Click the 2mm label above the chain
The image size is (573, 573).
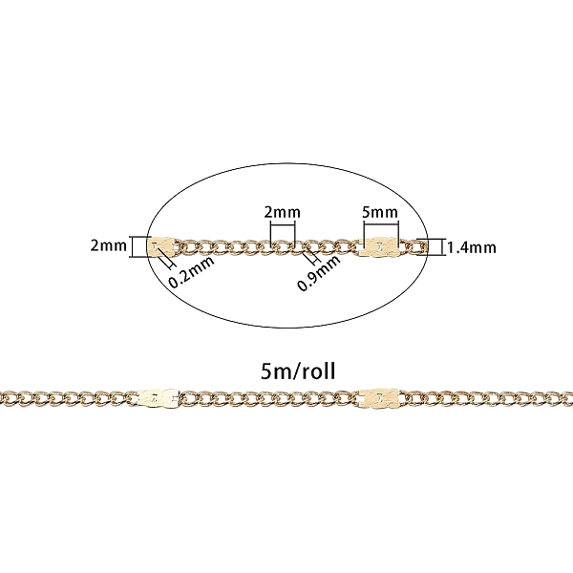(x=283, y=210)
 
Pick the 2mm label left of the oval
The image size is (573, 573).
(x=108, y=246)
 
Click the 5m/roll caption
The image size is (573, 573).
(x=286, y=369)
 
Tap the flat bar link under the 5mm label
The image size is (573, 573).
(x=380, y=247)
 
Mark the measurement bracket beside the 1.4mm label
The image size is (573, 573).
(x=436, y=247)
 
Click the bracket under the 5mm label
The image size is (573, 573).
(x=380, y=231)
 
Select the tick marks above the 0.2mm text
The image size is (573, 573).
(x=168, y=261)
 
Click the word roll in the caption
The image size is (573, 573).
(x=308, y=369)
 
